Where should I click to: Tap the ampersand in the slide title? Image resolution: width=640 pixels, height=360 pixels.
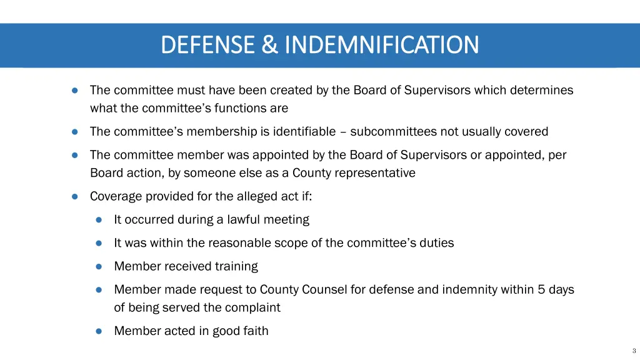[269, 45]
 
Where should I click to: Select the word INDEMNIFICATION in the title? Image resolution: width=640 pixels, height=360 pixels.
[381, 45]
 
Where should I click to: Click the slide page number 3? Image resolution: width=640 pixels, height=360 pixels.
[634, 351]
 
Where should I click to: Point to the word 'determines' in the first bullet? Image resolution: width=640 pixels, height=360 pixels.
[542, 90]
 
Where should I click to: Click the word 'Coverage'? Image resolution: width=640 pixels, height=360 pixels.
[115, 196]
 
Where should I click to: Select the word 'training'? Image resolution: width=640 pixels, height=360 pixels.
[236, 266]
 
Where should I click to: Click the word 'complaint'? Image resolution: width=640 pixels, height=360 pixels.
[254, 307]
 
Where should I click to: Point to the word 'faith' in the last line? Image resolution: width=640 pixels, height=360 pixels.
[255, 331]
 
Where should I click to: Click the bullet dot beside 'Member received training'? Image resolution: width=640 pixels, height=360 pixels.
[99, 266]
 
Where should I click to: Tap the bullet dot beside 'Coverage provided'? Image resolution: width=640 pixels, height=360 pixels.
[74, 196]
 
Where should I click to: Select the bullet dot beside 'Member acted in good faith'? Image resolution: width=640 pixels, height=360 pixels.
[99, 331]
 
